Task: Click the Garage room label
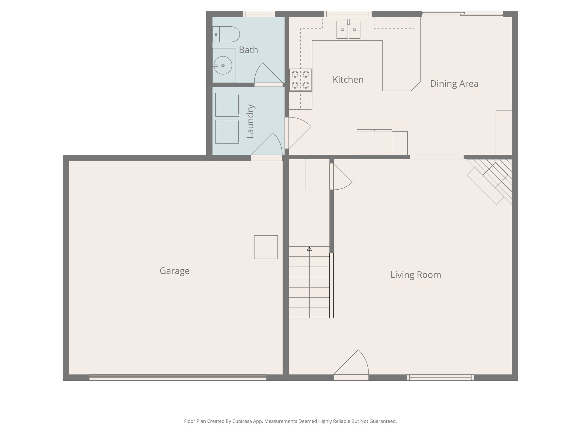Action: pos(174,271)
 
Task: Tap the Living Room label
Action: pos(416,275)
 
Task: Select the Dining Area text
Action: pos(454,84)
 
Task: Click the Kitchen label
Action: pos(348,80)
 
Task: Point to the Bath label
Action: pos(248,50)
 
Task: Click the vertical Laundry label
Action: pos(250,121)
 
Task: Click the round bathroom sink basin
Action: pos(223,65)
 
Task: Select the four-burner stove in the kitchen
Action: pos(300,80)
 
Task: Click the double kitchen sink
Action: pos(348,30)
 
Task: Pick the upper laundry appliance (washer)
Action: pos(227,104)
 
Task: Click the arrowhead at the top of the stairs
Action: pos(309,249)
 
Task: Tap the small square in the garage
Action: pos(266,247)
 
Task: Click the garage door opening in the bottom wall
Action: pos(178,378)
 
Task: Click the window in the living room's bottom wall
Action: pos(440,378)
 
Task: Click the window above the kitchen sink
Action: pos(348,14)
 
